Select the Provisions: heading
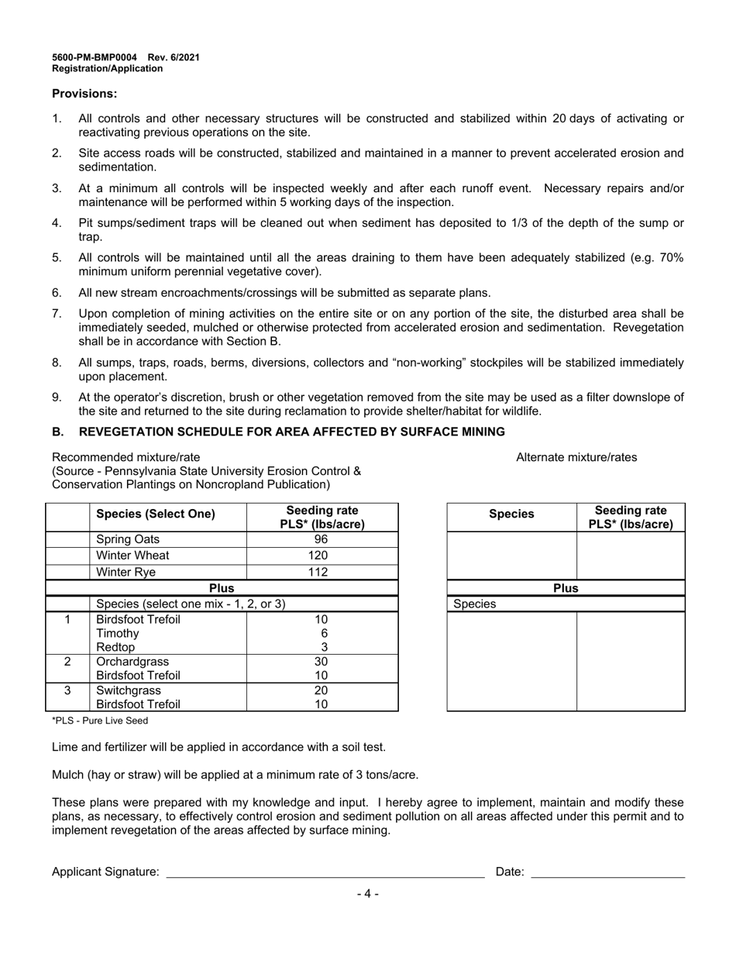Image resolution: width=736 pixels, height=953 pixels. point(84,94)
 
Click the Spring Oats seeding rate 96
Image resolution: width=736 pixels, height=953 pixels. point(322,539)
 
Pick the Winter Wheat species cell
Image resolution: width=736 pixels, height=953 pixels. point(132,556)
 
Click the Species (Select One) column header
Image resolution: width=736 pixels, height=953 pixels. point(155,514)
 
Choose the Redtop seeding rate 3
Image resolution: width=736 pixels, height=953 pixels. point(325,647)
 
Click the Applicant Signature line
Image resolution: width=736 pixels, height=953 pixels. point(325,872)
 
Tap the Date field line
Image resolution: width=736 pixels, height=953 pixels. point(607,872)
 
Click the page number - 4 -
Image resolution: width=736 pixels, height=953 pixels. point(368,893)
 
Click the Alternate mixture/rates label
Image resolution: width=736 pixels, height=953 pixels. point(576,457)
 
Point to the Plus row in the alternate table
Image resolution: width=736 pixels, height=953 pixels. point(566,588)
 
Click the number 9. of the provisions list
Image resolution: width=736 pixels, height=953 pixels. point(57,397)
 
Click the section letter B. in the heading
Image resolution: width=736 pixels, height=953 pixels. point(59,432)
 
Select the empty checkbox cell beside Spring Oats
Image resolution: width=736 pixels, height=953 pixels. point(67,539)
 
